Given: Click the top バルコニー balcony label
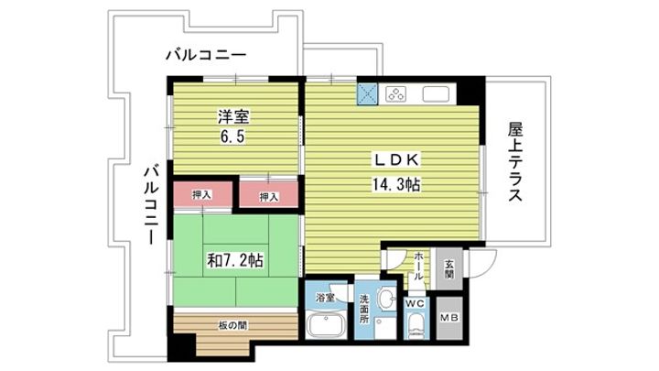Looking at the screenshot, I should point(205,56).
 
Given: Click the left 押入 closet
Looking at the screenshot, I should point(202,194).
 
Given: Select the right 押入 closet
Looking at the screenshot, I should point(268,195).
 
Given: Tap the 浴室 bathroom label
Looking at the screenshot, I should point(324,298).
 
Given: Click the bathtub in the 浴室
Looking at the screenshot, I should point(325,326).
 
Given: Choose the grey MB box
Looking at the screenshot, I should point(450,317).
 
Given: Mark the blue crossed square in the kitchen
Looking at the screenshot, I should point(369,93).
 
